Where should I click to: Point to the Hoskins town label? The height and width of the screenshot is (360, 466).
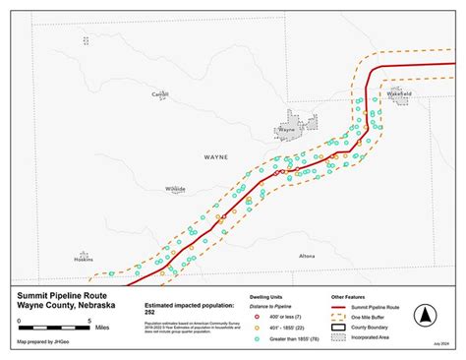pyautogui.click(x=84, y=259)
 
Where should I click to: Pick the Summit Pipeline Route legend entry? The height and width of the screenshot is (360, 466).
pyautogui.click(x=364, y=308)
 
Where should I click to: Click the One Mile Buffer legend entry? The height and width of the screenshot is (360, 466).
pyautogui.click(x=360, y=318)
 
